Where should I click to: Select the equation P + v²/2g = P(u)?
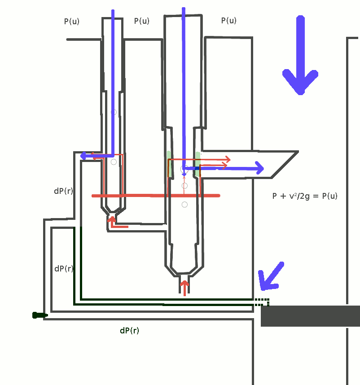305,196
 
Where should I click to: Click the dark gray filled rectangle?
310,316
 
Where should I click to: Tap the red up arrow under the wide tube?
184,287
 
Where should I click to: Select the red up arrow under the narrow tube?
112,221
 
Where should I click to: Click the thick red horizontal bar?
155,196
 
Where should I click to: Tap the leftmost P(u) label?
72,21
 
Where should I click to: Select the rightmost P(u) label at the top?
229,21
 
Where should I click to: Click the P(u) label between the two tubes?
142,21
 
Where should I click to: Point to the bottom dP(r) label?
129,331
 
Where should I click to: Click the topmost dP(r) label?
63,191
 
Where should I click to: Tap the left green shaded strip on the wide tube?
169,164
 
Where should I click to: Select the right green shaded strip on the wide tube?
198,163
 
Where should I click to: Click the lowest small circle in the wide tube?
184,205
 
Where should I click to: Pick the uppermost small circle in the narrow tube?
114,112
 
